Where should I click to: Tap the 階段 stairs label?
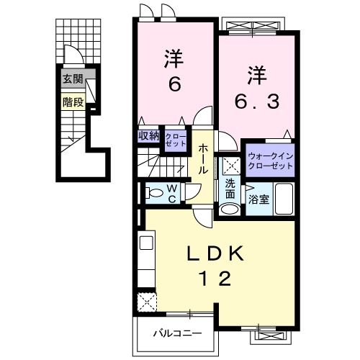tap(72, 102)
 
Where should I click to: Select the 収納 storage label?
tap(148, 135)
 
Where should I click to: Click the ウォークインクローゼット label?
tap(270, 161)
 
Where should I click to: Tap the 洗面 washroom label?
tap(230, 189)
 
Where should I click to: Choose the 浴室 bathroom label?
tap(258, 199)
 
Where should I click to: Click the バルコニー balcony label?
tap(176, 333)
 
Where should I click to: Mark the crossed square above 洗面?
tap(230, 165)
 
